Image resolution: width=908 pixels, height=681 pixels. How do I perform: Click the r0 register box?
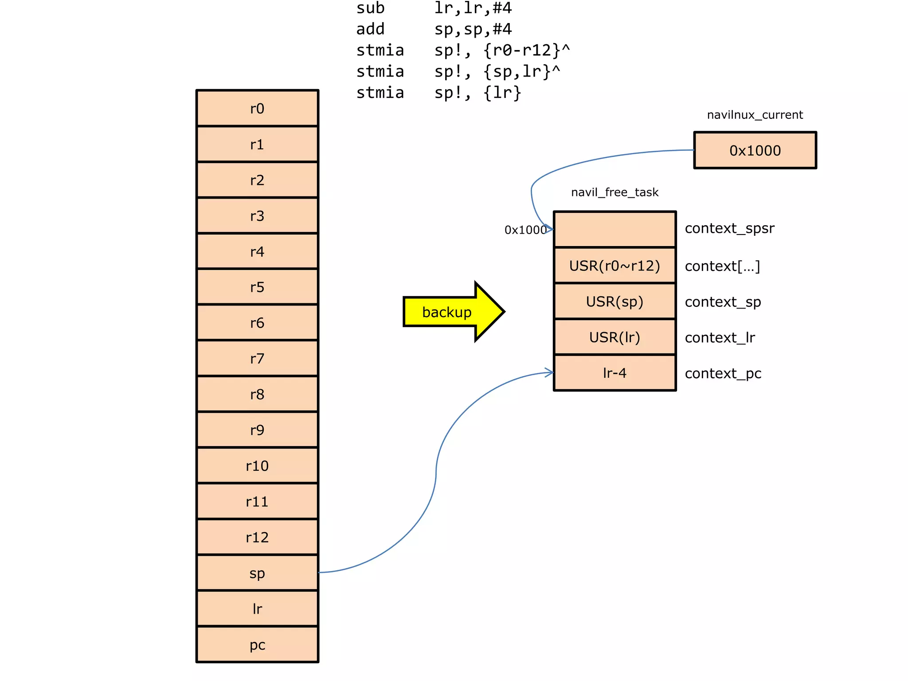257,109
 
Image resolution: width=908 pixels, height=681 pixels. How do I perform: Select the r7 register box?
257,358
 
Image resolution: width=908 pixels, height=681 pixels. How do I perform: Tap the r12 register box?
257,537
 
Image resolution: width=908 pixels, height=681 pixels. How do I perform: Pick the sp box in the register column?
257,573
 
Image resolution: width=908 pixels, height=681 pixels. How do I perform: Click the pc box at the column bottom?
257,645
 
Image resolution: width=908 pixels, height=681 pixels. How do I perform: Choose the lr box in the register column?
257,609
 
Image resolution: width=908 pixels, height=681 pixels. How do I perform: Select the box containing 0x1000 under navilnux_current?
755,150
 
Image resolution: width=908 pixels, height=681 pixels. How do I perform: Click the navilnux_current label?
755,115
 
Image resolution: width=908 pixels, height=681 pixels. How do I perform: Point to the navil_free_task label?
614,192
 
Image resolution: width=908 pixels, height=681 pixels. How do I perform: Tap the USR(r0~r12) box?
614,266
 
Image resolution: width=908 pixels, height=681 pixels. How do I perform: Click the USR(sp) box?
614,301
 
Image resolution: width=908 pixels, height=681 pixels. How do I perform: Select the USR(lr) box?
614,337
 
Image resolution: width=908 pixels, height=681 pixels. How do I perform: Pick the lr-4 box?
614,373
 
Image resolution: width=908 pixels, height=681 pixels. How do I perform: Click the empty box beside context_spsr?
614,229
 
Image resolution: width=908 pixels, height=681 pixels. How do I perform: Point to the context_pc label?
723,373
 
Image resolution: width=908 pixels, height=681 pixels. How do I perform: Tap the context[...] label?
722,266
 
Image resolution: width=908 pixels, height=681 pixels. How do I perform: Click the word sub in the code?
370,8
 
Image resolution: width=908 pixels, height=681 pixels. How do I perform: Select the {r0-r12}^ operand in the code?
526,50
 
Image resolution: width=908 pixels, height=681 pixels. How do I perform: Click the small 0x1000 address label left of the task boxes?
525,230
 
